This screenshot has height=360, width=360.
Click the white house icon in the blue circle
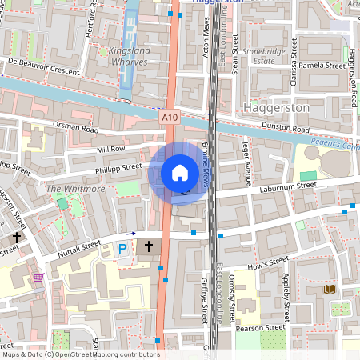(x=179, y=173)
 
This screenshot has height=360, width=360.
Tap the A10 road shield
(x=169, y=118)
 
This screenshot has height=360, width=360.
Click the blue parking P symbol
(x=122, y=249)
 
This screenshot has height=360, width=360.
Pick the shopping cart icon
(x=38, y=278)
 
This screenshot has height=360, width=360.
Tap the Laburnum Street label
(x=289, y=186)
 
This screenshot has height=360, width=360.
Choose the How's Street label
(x=267, y=262)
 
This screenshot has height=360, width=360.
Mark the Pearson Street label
(x=263, y=327)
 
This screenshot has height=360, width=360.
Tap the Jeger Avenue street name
(x=246, y=159)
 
